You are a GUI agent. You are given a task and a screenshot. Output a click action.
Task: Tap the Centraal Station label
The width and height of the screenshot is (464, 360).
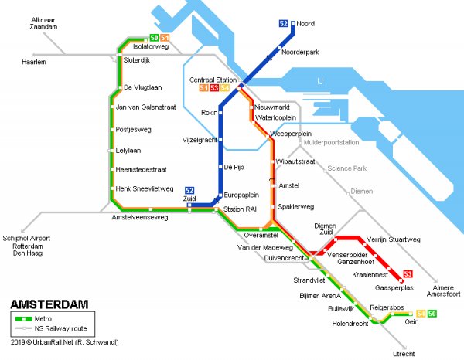point(213,80)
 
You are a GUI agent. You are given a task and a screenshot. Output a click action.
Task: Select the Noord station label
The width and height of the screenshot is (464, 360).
point(306,24)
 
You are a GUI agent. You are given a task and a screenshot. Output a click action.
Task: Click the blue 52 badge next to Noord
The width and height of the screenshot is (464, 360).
point(283,24)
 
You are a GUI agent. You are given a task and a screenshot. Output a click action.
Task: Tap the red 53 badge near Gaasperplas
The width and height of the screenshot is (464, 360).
point(408,274)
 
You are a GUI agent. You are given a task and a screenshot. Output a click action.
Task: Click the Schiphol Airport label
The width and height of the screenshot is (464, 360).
point(26,239)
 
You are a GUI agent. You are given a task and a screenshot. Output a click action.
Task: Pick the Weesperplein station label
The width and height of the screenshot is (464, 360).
point(291,134)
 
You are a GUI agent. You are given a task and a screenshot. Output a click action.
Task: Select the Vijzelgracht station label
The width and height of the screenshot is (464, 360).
point(199,141)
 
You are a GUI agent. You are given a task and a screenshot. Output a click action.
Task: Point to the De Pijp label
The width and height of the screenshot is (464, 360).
point(235,167)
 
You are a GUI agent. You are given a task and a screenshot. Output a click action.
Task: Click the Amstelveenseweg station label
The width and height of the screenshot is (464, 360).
point(140,218)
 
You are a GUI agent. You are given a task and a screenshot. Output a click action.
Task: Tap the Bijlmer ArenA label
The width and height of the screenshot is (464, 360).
point(320,295)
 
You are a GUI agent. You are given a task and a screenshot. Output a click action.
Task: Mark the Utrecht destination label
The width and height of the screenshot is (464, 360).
point(404,353)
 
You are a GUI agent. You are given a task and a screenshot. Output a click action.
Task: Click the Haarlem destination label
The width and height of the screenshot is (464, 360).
point(34,62)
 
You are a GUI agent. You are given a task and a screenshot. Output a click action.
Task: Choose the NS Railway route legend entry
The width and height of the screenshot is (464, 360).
point(64,328)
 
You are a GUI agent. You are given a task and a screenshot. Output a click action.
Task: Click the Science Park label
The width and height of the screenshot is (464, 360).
point(346,168)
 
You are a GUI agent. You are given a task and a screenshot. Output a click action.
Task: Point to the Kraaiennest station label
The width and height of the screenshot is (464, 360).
point(373,274)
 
